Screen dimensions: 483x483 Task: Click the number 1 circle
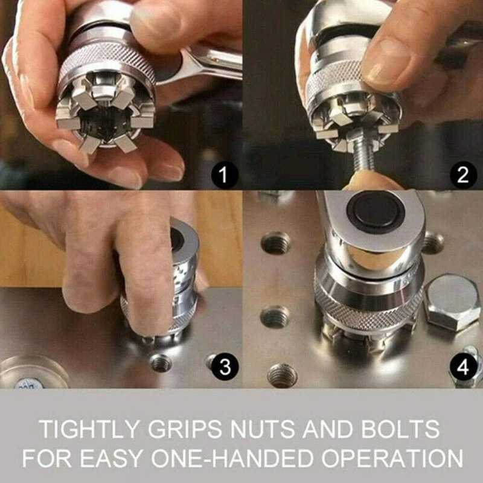click(x=224, y=176)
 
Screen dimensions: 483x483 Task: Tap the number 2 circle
click(x=462, y=175)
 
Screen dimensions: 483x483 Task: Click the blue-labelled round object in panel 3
click(x=30, y=374)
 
